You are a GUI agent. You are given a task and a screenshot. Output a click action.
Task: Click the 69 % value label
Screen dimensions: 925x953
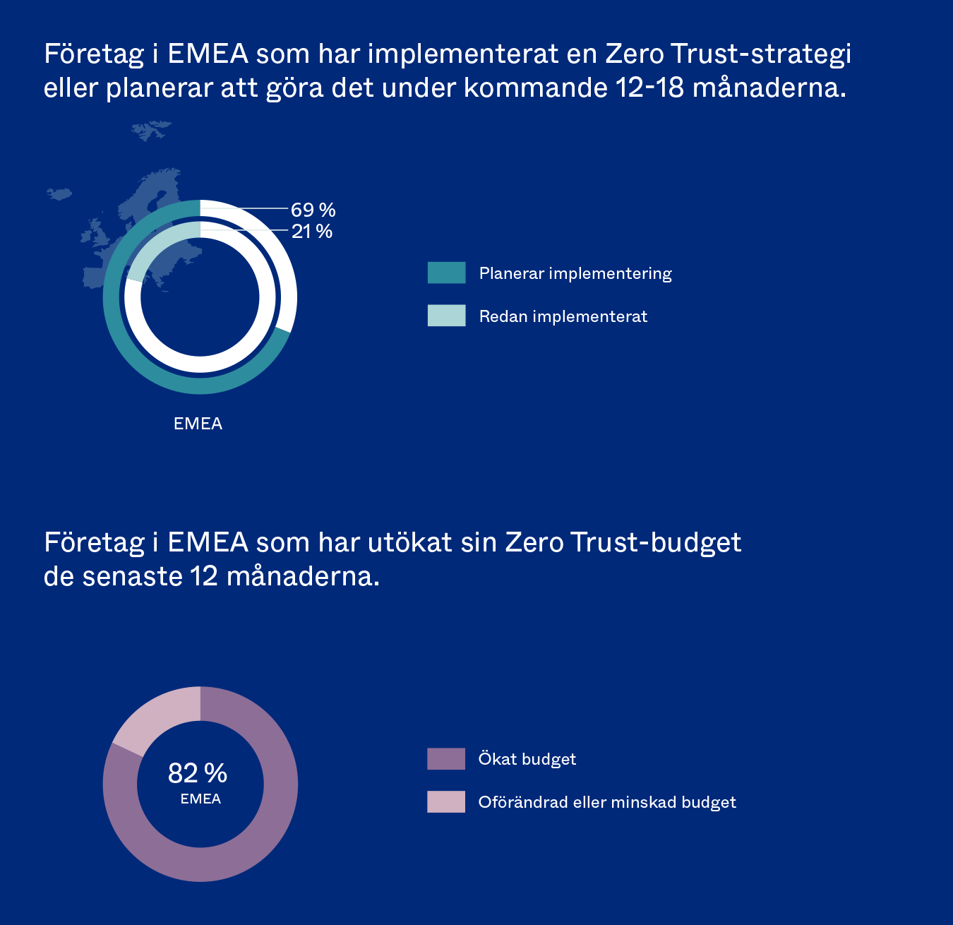313,210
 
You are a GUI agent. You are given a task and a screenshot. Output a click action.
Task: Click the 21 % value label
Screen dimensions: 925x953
311,231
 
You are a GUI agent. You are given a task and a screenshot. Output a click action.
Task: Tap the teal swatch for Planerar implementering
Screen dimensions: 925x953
446,273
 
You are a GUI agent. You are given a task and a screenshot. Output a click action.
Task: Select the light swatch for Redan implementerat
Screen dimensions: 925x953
446,315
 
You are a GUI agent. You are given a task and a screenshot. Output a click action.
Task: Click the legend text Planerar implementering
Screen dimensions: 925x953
575,273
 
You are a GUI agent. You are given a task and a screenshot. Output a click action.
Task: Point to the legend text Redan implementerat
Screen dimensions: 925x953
563,316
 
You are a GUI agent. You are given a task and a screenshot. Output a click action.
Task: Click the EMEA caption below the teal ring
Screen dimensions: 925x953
198,424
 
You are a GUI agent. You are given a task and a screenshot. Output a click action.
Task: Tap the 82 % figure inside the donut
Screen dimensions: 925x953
198,773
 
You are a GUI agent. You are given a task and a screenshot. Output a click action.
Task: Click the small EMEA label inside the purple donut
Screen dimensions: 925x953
200,799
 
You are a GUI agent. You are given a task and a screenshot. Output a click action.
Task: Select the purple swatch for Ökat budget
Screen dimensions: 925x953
445,758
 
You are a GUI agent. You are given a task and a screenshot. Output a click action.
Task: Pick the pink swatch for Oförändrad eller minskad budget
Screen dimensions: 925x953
445,801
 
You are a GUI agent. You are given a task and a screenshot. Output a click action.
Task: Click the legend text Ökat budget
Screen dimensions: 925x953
527,759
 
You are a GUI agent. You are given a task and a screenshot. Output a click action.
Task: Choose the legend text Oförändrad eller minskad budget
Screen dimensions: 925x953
606,802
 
